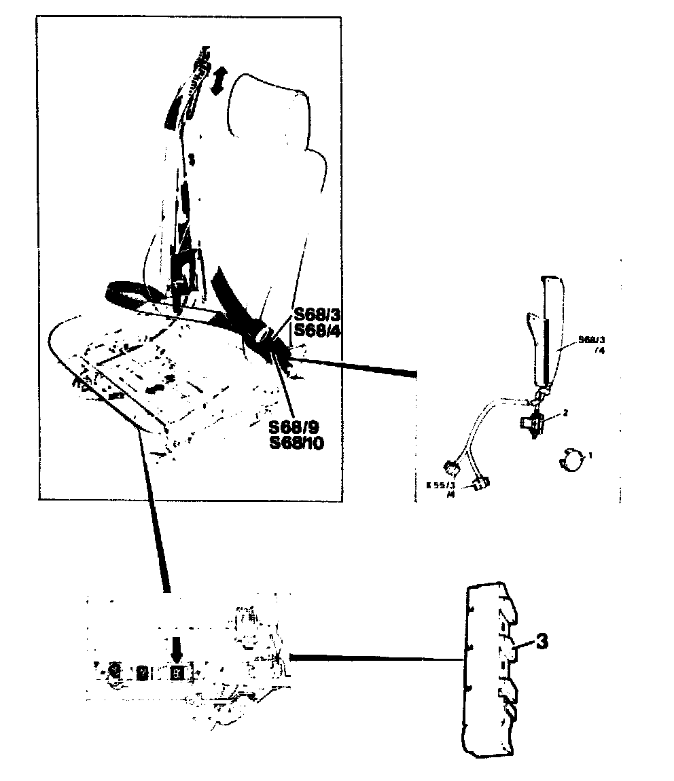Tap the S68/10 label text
click(297, 443)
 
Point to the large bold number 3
click(542, 642)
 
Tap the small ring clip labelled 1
click(571, 460)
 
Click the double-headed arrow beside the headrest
click(219, 83)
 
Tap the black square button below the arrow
click(177, 673)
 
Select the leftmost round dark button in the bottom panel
click(115, 672)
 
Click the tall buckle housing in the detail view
click(548, 333)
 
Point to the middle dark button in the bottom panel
click(143, 672)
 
